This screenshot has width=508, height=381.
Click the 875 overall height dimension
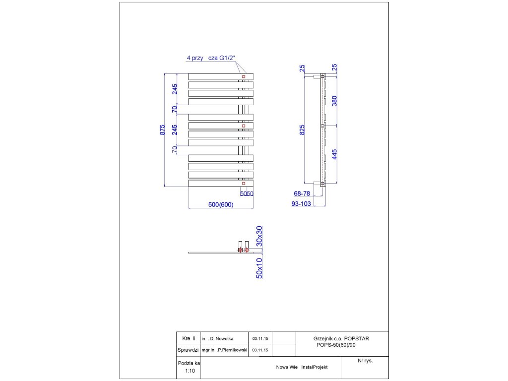pyautogui.click(x=162, y=130)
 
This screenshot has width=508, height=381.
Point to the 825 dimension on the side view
pyautogui.click(x=303, y=129)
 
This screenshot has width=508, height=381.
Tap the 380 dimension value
pyautogui.click(x=334, y=101)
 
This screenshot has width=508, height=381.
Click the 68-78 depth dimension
pyautogui.click(x=303, y=194)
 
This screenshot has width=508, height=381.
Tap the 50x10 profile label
pyautogui.click(x=259, y=268)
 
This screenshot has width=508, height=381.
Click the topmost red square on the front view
pyautogui.click(x=244, y=77)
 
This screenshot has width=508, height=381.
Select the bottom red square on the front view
pyautogui.click(x=244, y=184)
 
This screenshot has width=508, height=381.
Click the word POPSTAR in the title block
pyautogui.click(x=357, y=338)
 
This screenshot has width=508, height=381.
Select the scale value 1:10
pyautogui.click(x=190, y=371)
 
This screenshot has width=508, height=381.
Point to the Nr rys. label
pyautogui.click(x=365, y=361)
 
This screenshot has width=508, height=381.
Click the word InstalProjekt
pyautogui.click(x=314, y=368)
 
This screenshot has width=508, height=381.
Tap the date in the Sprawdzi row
pyautogui.click(x=260, y=350)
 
